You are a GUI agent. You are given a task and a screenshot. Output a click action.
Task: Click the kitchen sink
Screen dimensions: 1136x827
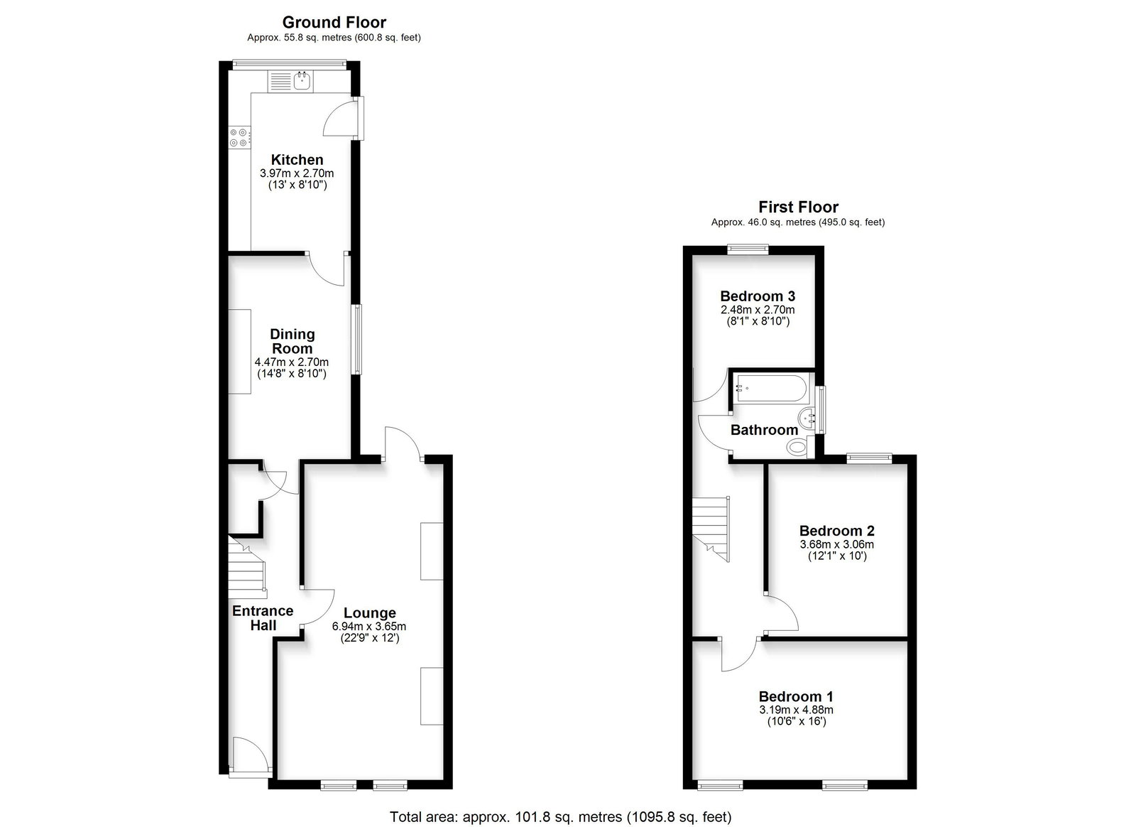click(x=290, y=81)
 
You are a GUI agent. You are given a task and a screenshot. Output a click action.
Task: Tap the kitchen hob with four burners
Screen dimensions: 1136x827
click(x=240, y=137)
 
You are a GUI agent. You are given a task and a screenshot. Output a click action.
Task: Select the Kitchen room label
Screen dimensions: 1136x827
click(x=297, y=160)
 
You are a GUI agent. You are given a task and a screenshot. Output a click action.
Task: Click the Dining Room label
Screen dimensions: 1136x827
click(x=292, y=342)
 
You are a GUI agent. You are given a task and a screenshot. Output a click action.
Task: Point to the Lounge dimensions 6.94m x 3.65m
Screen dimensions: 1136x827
click(x=369, y=627)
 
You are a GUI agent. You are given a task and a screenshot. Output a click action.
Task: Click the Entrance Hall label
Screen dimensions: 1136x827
click(x=263, y=618)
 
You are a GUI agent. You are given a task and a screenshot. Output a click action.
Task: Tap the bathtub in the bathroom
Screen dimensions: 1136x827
click(x=771, y=389)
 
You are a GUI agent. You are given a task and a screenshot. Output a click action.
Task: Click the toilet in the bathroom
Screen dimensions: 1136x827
click(x=798, y=447)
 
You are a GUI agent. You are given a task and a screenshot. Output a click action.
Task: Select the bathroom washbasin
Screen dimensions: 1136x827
click(x=806, y=418)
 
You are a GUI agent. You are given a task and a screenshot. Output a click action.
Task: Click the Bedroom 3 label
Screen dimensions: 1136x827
click(x=758, y=296)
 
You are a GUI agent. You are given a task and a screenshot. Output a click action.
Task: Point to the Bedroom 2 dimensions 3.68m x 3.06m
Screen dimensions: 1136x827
click(x=837, y=544)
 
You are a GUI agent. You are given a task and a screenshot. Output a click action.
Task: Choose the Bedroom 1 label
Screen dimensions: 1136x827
click(x=796, y=696)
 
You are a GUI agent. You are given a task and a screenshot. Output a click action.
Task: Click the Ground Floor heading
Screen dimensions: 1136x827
click(x=334, y=22)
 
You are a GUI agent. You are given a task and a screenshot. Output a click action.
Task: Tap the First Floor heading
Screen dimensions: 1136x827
click(x=798, y=207)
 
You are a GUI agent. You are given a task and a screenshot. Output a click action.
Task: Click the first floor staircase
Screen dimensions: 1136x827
click(x=711, y=529)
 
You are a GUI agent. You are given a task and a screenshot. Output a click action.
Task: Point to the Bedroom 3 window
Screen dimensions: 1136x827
click(x=748, y=249)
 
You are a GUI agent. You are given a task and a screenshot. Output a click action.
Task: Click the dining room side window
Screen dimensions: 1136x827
click(x=358, y=340)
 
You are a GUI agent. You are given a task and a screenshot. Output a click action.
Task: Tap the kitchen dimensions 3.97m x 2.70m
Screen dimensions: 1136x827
click(x=297, y=173)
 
